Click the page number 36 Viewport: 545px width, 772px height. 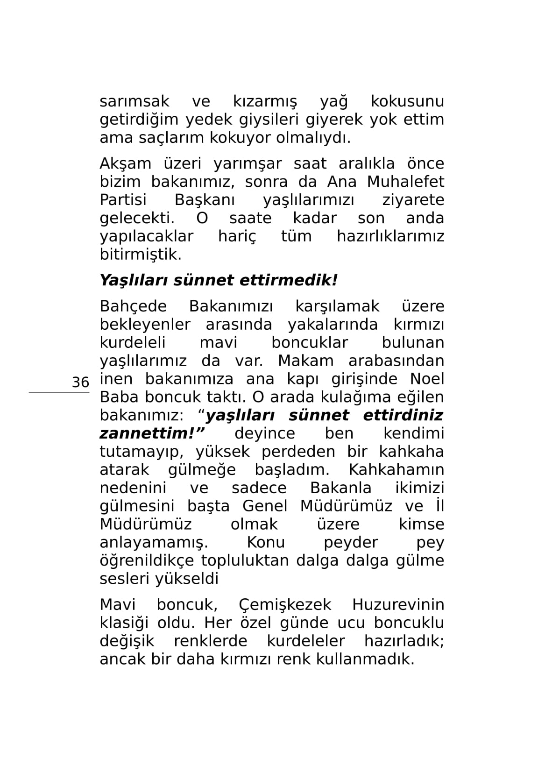[x=80, y=382]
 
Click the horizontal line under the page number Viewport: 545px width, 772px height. [x=59, y=392]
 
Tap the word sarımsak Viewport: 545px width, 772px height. [x=134, y=101]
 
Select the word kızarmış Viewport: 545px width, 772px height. [x=265, y=101]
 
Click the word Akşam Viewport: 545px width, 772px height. [x=125, y=163]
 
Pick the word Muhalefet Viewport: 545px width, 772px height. [x=405, y=182]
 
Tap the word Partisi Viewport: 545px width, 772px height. [x=123, y=200]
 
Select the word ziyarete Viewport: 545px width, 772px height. [x=413, y=200]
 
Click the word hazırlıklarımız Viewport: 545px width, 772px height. [x=390, y=236]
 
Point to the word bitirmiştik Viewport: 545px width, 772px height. [x=140, y=255]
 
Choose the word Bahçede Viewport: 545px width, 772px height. [x=133, y=306]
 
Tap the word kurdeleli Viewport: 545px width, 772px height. [x=133, y=343]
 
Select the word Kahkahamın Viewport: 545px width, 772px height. [x=396, y=470]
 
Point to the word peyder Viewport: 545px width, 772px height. [x=351, y=543]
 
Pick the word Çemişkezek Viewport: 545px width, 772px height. [x=285, y=605]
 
